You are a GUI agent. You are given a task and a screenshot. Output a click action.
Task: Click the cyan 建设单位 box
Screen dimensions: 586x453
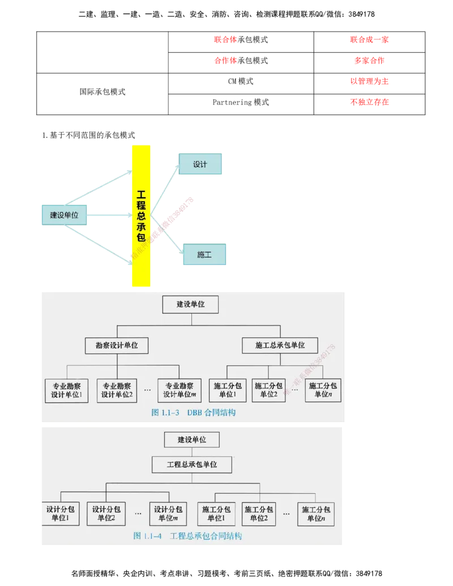coord(65,215)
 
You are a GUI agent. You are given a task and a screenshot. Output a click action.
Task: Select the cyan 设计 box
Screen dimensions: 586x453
coord(199,164)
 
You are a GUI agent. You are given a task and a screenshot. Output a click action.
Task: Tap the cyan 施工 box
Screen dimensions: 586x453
coord(204,255)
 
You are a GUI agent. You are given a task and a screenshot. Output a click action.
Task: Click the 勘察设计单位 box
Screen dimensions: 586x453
coord(117,345)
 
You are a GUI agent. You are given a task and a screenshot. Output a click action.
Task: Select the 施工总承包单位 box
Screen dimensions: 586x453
coord(280,345)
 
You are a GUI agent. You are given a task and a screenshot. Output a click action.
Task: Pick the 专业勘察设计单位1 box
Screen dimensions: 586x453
coord(67,391)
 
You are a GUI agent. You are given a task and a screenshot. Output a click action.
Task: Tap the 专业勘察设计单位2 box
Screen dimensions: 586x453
coord(117,391)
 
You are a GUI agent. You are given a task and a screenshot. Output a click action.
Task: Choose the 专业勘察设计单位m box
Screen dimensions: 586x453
coord(180,391)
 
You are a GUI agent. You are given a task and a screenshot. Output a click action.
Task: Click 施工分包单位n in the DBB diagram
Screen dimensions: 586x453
coord(323,391)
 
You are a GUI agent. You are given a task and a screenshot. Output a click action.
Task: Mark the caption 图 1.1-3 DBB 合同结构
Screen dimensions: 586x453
coord(193,413)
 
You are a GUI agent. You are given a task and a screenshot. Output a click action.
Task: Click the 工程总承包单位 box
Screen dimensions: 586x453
coord(192,465)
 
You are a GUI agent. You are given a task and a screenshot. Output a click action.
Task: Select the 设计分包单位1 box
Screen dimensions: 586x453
coord(60,514)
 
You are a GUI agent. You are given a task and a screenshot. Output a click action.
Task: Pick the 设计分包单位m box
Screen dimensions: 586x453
coord(168,514)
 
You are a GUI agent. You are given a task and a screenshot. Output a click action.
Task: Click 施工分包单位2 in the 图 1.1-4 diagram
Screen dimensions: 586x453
coord(259,514)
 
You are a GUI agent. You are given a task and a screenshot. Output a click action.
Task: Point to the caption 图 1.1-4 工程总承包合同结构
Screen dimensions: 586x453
coord(187,536)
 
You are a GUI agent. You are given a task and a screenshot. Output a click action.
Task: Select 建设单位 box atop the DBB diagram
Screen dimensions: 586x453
coord(190,304)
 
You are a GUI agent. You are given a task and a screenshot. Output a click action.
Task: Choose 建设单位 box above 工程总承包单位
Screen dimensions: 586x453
coord(191,439)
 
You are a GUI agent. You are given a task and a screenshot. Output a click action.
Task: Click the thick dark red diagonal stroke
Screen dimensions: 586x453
coord(173,220)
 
